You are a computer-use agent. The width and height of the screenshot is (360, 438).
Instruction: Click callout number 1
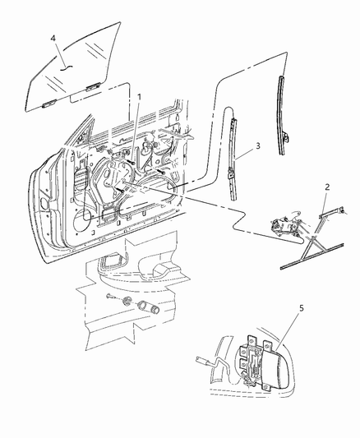pyautogui.click(x=139, y=97)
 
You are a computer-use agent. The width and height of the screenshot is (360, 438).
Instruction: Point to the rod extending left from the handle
pyautogui.click(x=205, y=360)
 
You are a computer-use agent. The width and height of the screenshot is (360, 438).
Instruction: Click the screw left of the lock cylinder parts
pyautogui.click(x=109, y=291)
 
